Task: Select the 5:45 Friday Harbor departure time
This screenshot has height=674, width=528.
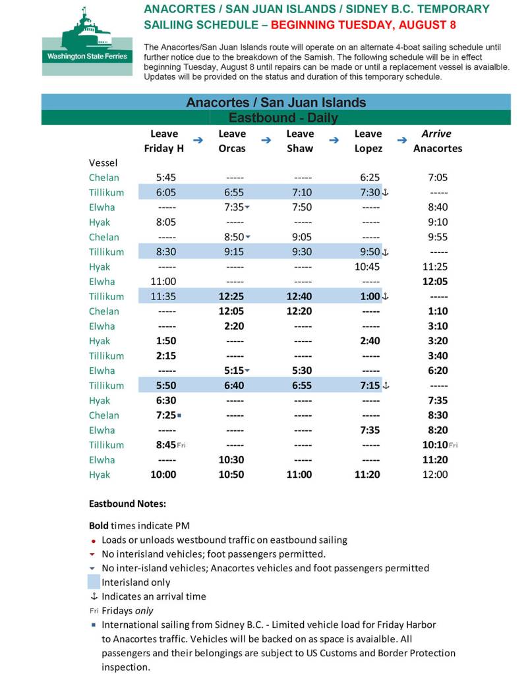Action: pos(165,177)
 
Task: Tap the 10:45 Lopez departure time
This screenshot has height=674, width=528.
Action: pos(368,267)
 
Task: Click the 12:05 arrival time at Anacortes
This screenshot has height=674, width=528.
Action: pos(437,282)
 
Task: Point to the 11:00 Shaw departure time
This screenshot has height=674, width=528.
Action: pos(300,475)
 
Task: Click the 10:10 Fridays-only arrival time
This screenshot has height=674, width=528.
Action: pos(435,445)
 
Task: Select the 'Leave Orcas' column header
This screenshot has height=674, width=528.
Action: pos(232,141)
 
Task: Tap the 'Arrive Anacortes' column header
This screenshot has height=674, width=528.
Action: pos(437,141)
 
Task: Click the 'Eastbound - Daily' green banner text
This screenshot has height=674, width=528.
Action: pos(283,118)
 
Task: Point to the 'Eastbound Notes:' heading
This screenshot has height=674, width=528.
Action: pos(127,504)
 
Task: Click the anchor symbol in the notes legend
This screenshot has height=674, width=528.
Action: pos(94,596)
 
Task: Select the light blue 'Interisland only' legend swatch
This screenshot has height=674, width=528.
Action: pos(94,582)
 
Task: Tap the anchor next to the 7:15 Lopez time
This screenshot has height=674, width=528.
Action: pos(386,386)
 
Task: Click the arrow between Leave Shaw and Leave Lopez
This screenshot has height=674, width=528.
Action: pos(334,140)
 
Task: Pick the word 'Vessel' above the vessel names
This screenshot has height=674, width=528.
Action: pos(103,162)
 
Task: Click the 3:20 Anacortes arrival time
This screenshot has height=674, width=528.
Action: pos(437,341)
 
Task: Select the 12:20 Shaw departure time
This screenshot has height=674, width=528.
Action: pos(300,311)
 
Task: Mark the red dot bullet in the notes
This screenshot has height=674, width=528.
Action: pos(94,540)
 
